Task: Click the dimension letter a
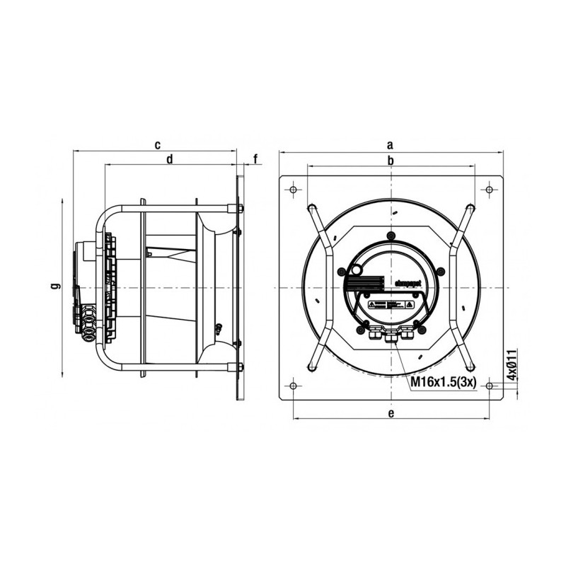(x=390, y=144)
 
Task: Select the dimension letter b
(x=390, y=161)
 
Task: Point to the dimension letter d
(x=170, y=160)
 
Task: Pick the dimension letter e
(x=390, y=414)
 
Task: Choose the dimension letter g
(x=55, y=287)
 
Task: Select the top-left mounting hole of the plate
(x=293, y=189)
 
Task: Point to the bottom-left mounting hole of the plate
(x=293, y=386)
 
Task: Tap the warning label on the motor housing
(x=390, y=305)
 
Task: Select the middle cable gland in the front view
(x=390, y=335)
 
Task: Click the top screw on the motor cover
(x=390, y=236)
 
